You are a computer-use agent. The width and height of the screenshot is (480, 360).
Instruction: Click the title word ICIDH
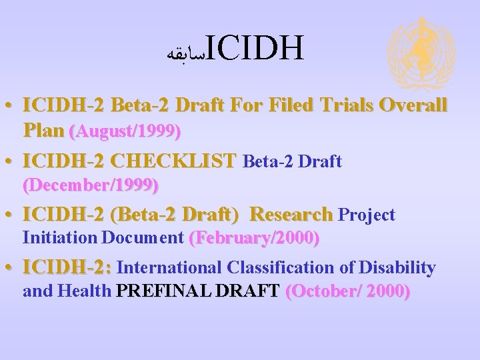point(255,47)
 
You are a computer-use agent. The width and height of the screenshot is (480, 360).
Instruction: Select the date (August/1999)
point(125,132)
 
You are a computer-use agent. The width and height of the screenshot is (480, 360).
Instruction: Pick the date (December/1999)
point(91,185)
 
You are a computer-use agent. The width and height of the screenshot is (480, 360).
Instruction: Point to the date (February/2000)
point(255,237)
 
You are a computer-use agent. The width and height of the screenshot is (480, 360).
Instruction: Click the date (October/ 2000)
point(347,291)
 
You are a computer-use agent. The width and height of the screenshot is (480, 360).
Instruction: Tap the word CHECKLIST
point(173,161)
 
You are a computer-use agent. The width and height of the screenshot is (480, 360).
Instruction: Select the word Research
point(291,215)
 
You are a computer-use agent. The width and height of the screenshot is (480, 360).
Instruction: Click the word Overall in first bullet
point(413,106)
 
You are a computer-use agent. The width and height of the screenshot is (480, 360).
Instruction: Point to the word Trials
point(346,106)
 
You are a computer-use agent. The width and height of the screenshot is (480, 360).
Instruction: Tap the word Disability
point(397,268)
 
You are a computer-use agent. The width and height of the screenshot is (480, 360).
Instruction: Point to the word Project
point(367,215)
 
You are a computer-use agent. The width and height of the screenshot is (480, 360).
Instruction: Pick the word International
point(171,268)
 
